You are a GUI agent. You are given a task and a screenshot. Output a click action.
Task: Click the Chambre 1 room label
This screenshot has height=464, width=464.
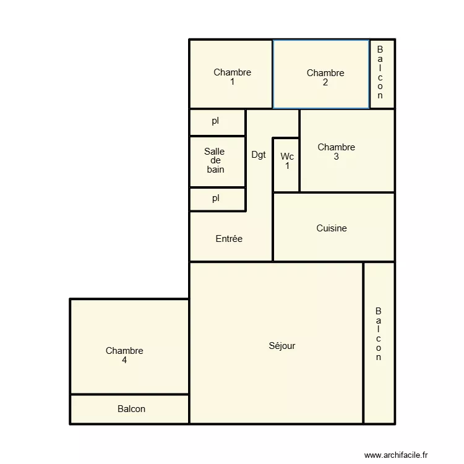pos(232,77)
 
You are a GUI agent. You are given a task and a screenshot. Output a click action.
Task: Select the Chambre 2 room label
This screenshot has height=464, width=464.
pos(325,77)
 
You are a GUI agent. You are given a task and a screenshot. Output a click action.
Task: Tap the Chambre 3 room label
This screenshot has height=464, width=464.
pos(336,152)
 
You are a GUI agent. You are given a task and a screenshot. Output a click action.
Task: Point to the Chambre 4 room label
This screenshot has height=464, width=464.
pos(124,355)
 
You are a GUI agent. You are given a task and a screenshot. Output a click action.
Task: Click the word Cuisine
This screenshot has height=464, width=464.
pos(332,228)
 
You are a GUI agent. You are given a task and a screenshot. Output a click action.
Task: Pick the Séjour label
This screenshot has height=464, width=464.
pos(282,346)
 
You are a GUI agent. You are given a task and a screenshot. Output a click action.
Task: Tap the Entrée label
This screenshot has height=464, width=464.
pos(229,239)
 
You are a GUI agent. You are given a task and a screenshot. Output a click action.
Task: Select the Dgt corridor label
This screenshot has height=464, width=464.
pos(259,155)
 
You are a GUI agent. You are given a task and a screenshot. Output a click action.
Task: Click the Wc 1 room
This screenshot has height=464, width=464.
pos(287,161)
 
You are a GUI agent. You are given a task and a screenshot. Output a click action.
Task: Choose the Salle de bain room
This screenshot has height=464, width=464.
pos(215,160)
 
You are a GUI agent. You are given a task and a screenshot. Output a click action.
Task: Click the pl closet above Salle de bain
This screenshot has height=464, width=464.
pos(215,121)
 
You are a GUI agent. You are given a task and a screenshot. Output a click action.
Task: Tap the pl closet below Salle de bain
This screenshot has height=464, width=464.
pos(215,199)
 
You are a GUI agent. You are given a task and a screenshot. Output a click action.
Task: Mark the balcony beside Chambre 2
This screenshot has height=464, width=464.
pos(380,72)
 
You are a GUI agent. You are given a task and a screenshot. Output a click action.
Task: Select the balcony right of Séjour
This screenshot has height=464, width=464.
pos(378,334)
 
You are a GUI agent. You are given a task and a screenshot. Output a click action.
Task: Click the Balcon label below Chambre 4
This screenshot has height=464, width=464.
pos(131,409)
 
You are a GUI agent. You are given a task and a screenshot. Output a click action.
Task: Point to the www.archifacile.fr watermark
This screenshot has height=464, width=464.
pos(396,455)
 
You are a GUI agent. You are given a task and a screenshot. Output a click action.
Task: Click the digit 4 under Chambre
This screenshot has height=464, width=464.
pos(124,360)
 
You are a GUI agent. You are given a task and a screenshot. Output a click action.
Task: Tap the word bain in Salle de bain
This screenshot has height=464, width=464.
pos(215,170)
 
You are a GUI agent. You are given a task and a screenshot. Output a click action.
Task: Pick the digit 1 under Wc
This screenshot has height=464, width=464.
pos(287,166)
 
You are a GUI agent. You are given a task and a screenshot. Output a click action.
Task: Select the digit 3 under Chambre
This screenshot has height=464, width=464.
pos(336,157)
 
